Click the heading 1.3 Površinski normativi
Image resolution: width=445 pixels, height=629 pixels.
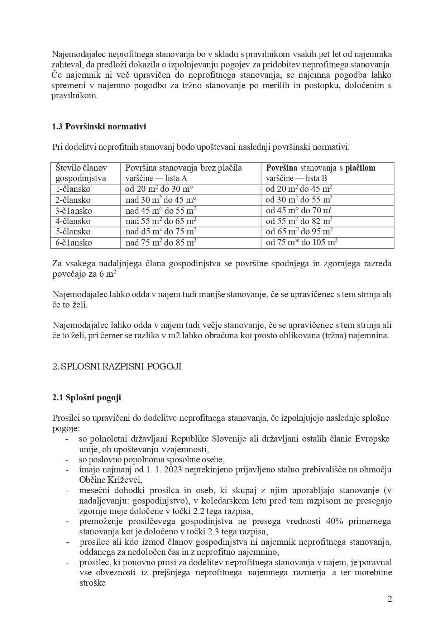[x=99, y=127]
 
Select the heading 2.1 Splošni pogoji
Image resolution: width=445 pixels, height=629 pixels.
[x=87, y=397]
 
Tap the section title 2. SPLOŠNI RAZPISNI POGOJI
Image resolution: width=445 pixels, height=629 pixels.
[x=117, y=367]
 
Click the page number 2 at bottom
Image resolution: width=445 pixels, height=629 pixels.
[x=390, y=599]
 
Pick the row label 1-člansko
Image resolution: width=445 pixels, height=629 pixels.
[x=73, y=189]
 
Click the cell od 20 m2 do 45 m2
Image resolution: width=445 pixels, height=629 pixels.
[x=299, y=189]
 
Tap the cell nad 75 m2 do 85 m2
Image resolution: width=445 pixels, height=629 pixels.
[x=161, y=243]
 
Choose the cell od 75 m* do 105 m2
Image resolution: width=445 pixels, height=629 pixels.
[x=301, y=243]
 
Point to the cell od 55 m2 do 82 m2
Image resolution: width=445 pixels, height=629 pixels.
[x=299, y=221]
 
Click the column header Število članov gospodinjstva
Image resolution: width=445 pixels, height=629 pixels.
[x=82, y=173]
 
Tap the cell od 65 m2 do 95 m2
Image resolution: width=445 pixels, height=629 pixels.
[x=299, y=232]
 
